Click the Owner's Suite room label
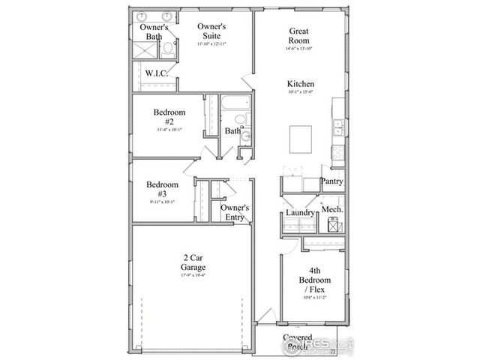click(x=211, y=31)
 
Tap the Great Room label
click(x=300, y=36)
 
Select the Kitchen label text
click(x=300, y=84)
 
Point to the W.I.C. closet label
click(x=157, y=73)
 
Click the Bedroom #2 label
click(x=169, y=117)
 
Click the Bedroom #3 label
click(x=162, y=189)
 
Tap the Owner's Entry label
click(x=235, y=212)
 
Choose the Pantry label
click(x=331, y=181)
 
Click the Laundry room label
click(x=300, y=213)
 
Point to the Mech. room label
click(x=332, y=208)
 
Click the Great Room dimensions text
click(x=300, y=48)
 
